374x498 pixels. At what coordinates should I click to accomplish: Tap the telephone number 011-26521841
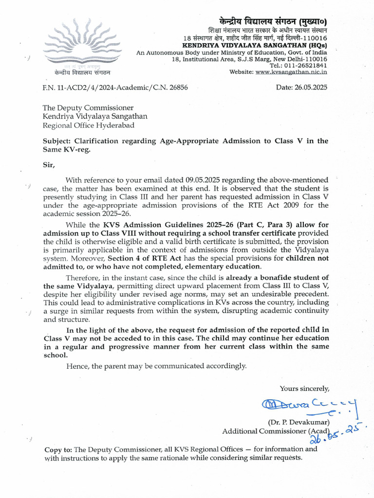(x=306, y=65)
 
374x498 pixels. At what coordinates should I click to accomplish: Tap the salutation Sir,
(x=49, y=164)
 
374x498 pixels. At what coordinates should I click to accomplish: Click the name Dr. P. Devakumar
(x=299, y=421)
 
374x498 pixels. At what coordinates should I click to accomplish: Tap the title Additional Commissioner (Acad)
(x=276, y=431)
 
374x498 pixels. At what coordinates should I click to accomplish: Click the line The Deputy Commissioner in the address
(x=88, y=107)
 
